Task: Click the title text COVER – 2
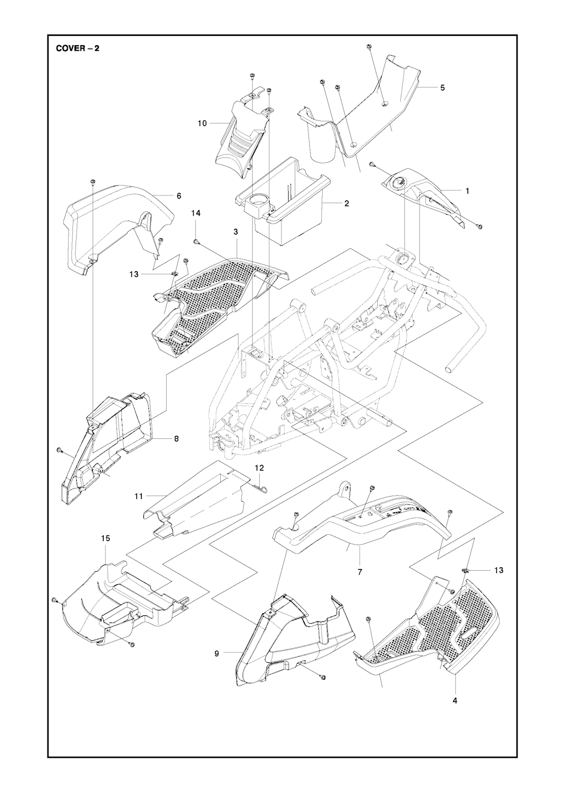(77, 47)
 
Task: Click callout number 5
(443, 88)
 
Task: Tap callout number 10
(202, 124)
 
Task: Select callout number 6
(178, 196)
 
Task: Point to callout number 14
(196, 212)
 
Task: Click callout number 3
(236, 232)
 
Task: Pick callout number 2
(347, 204)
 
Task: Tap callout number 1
(467, 191)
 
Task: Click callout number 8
(176, 439)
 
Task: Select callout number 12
(259, 467)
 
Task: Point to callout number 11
(138, 496)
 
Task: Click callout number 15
(105, 538)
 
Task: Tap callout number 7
(360, 572)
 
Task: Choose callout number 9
(217, 653)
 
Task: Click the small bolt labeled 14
(196, 241)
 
